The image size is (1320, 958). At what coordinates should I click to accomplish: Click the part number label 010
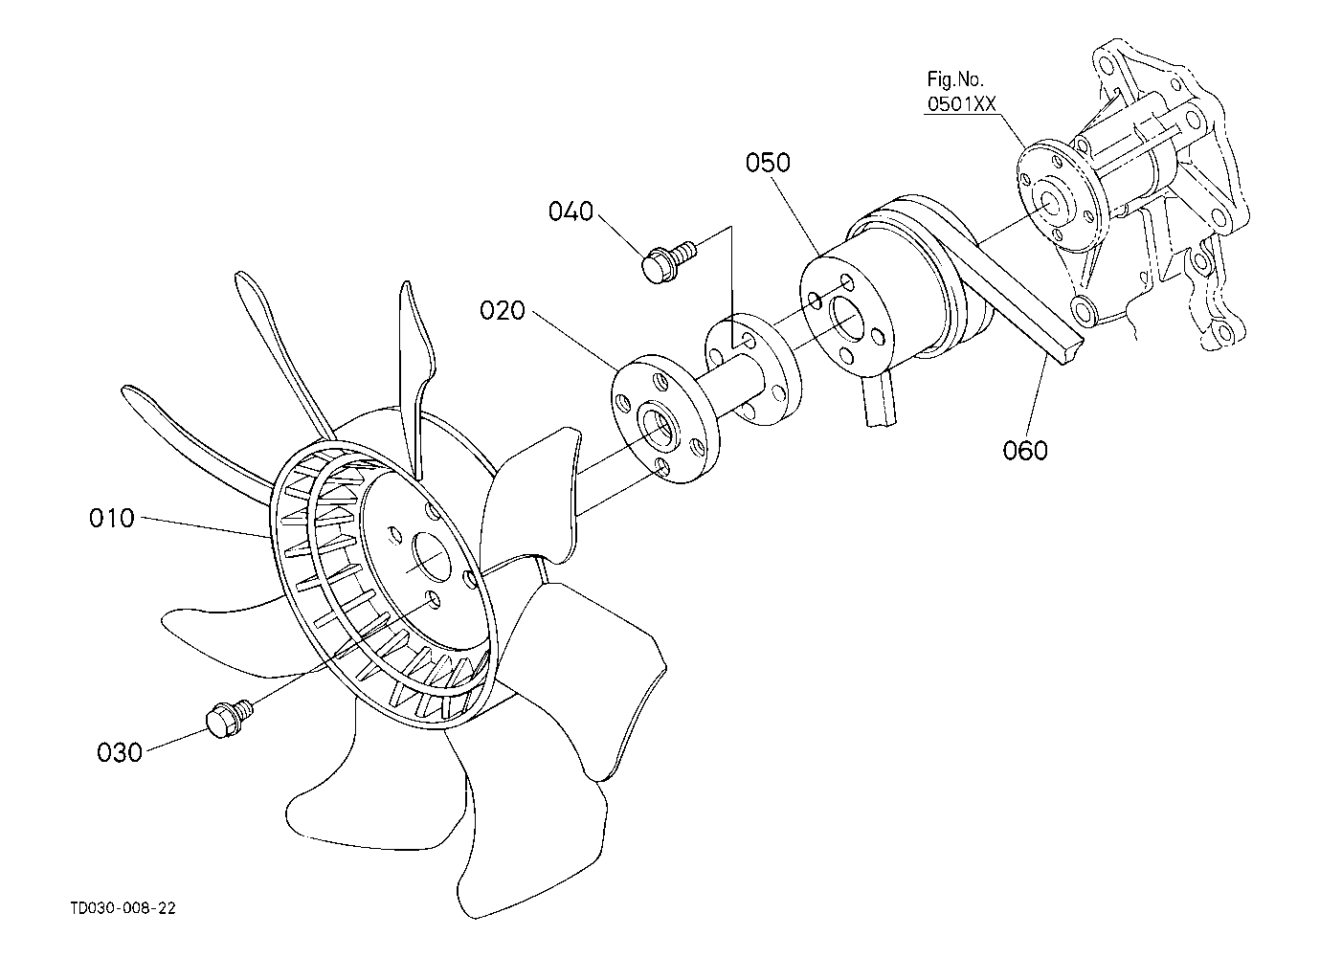(112, 519)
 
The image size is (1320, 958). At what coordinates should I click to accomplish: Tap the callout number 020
(503, 310)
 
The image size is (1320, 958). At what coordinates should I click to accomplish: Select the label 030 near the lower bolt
(120, 753)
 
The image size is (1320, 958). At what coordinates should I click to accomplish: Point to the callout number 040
(571, 212)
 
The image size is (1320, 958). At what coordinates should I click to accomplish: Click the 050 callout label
(768, 163)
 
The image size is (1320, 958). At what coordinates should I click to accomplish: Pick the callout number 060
(1025, 451)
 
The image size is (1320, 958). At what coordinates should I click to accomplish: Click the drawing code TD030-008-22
(123, 908)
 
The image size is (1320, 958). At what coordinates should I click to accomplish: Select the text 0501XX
(962, 104)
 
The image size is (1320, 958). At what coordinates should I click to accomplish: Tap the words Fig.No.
(955, 79)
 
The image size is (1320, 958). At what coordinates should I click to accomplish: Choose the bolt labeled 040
(670, 261)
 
